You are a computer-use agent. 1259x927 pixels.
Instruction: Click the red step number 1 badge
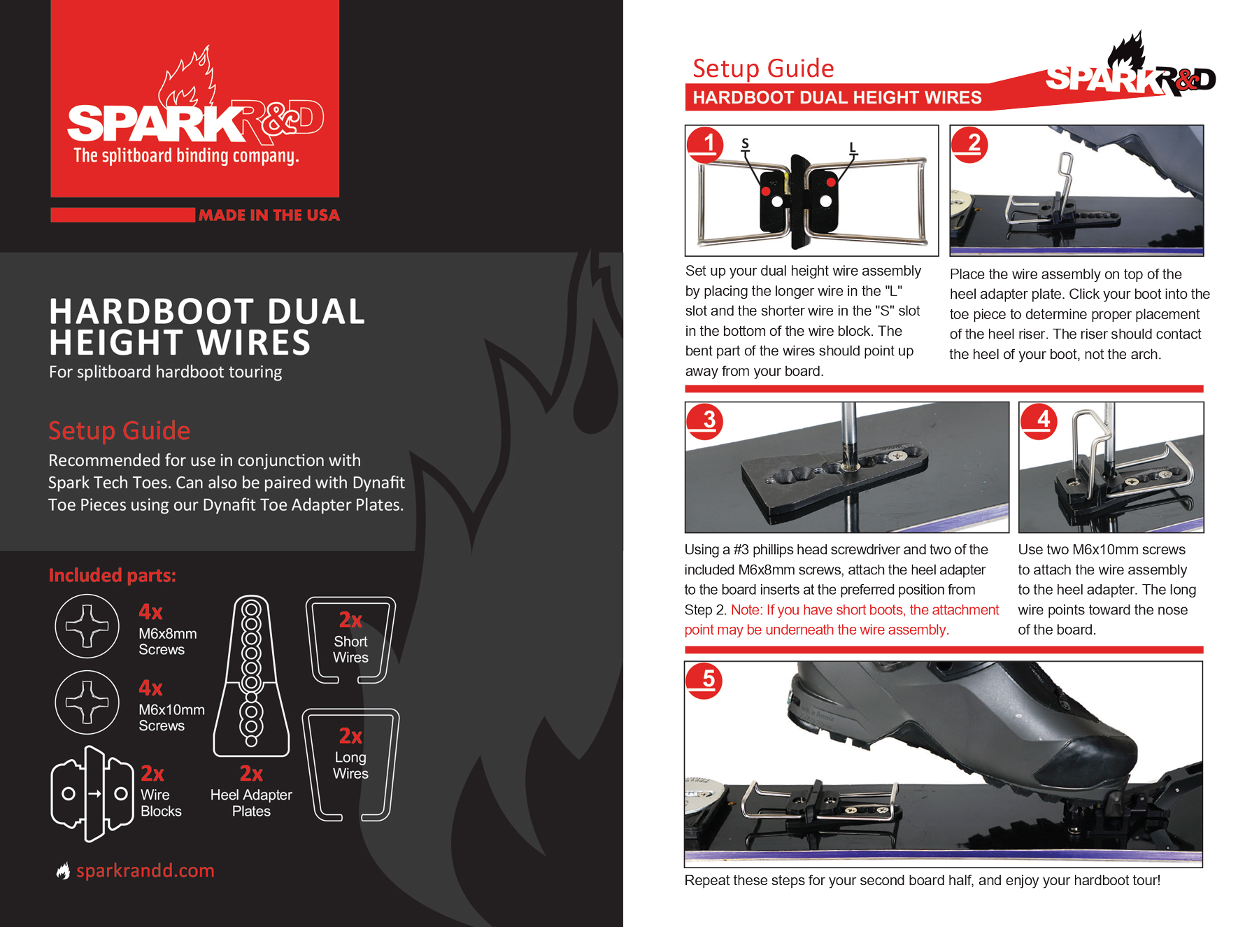point(705,145)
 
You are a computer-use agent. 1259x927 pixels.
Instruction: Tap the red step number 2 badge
point(969,145)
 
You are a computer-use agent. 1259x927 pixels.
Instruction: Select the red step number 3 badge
point(705,421)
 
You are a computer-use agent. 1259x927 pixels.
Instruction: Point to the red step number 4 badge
point(1039,421)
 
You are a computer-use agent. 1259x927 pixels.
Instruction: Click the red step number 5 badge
point(704,681)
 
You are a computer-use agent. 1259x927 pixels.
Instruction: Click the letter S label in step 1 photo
point(745,144)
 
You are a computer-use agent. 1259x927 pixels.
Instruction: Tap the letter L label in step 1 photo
point(853,148)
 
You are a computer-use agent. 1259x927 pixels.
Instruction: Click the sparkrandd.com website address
point(145,870)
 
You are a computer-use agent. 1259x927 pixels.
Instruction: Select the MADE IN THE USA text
point(269,215)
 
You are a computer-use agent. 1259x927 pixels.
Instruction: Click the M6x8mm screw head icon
point(87,626)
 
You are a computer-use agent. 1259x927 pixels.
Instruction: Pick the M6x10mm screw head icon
point(87,702)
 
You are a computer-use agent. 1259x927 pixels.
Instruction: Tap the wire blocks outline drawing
point(92,793)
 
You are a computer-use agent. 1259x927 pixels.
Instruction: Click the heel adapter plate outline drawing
point(251,676)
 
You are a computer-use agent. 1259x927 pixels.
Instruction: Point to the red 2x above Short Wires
point(350,620)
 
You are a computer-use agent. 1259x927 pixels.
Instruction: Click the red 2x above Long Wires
point(350,736)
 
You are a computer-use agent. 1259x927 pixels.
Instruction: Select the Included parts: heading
point(112,575)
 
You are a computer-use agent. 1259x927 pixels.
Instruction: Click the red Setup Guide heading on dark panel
point(120,430)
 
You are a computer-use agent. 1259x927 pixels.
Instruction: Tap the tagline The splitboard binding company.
point(187,155)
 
